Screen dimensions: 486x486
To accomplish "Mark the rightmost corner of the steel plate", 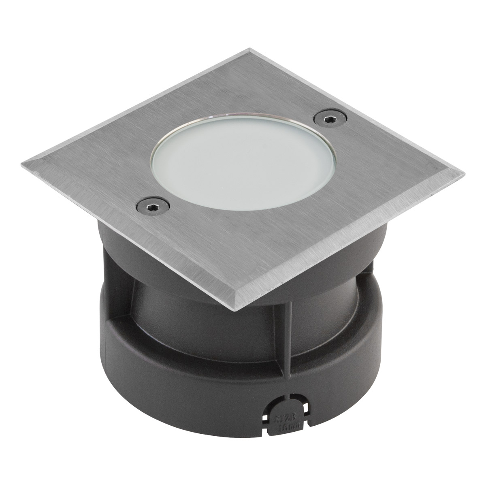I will (x=464, y=175).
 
